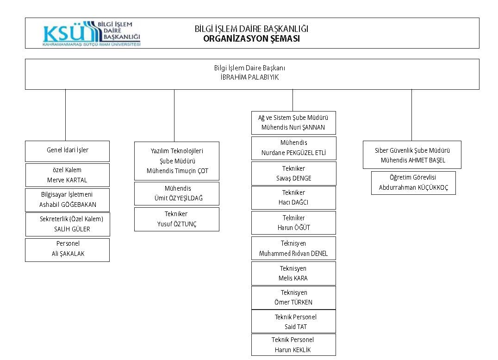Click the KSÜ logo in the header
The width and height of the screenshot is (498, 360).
click(x=92, y=34)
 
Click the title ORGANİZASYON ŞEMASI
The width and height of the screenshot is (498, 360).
click(x=251, y=39)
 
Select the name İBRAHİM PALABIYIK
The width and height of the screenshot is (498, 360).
click(x=249, y=77)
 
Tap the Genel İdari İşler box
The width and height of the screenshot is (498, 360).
click(x=67, y=151)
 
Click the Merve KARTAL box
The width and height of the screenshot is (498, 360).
click(x=67, y=175)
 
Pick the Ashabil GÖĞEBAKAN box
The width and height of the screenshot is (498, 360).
click(x=67, y=200)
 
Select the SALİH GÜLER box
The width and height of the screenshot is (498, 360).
click(x=68, y=224)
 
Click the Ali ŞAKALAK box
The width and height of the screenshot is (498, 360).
click(x=67, y=250)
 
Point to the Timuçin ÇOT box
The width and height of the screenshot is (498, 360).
click(x=177, y=161)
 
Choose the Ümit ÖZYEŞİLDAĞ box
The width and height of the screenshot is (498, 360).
click(x=177, y=194)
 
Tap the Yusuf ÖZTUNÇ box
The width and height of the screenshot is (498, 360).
click(x=177, y=219)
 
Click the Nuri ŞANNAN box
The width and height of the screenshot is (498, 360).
click(x=293, y=123)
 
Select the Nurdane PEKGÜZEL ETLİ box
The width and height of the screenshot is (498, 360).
click(x=294, y=148)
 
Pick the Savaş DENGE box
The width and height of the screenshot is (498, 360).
click(x=294, y=174)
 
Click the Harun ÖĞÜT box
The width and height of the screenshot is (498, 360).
click(x=293, y=223)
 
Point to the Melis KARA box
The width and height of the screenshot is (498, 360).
click(x=293, y=273)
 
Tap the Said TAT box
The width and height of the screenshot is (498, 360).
click(x=293, y=322)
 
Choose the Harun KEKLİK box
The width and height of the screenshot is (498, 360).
click(x=293, y=345)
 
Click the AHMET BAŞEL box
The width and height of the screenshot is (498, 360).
click(x=412, y=155)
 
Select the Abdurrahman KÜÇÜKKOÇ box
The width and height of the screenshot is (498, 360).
click(x=413, y=183)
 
